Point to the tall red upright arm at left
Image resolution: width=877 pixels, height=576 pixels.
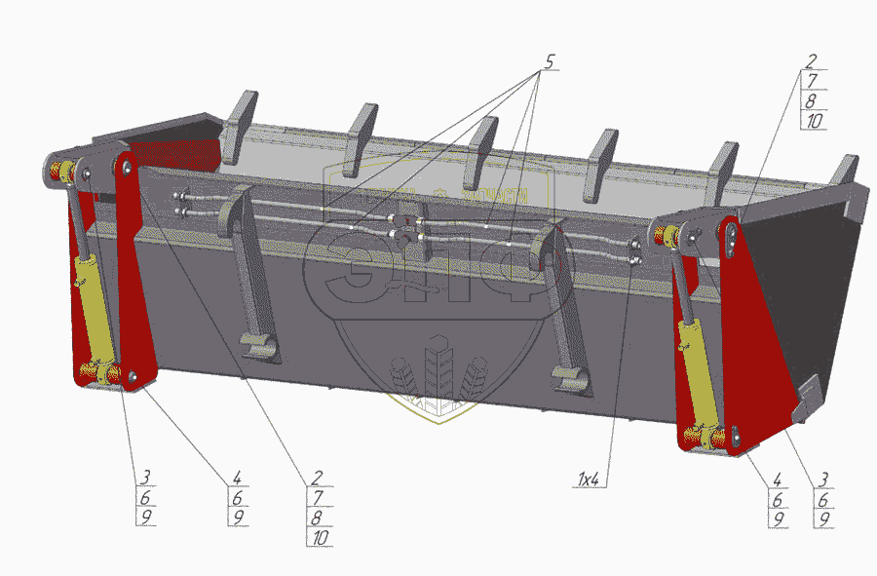click(133, 273)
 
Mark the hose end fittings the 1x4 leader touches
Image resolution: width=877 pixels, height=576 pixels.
click(635, 251)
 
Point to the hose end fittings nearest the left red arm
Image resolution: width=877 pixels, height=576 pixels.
click(180, 201)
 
